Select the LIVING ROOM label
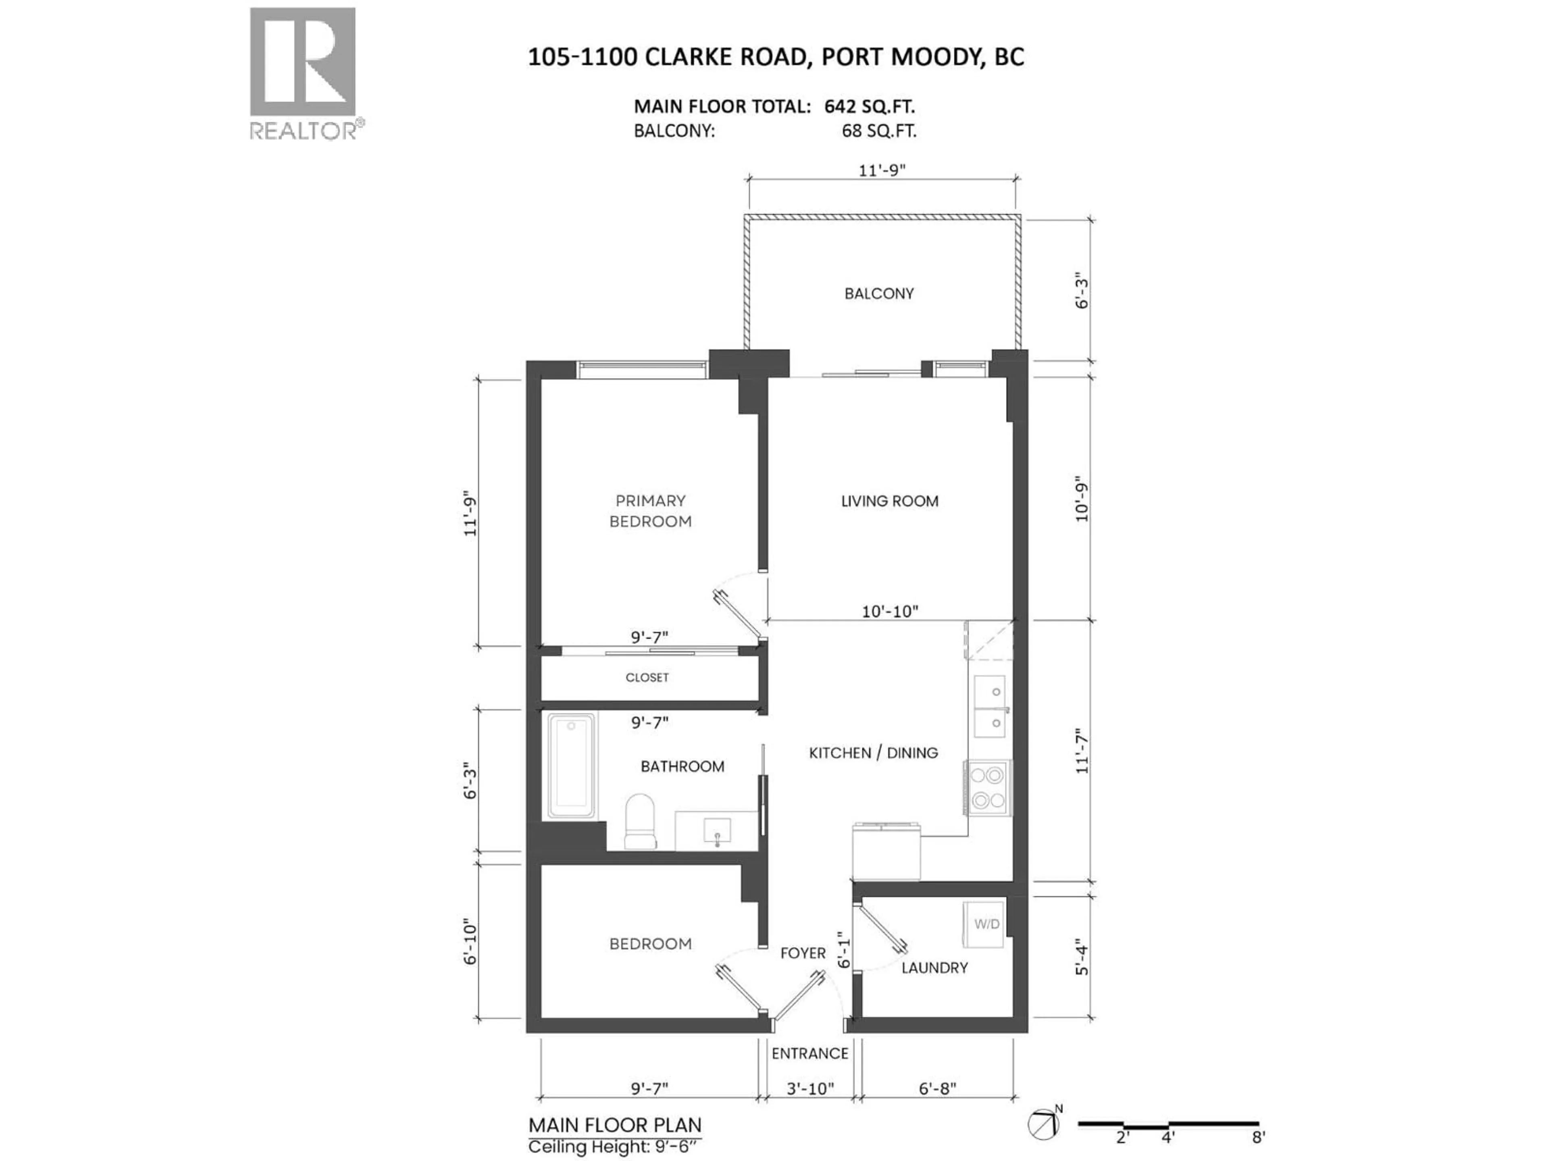tap(889, 501)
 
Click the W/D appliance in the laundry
tap(986, 924)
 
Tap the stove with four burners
tap(987, 787)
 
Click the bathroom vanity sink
tap(717, 831)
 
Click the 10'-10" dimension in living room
tap(889, 612)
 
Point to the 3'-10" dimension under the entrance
tap(810, 1089)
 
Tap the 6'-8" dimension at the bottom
tap(937, 1089)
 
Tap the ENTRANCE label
tap(810, 1053)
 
